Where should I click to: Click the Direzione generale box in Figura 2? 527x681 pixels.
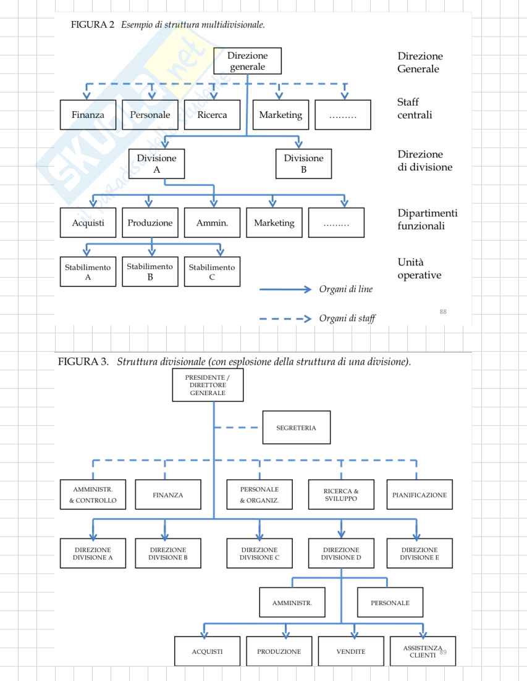pos(247,61)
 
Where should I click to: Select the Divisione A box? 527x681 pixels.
pos(156,164)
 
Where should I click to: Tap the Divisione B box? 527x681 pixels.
pos(304,164)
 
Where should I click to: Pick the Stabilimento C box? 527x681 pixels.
pos(212,272)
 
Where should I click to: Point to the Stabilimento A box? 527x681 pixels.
pos(88,272)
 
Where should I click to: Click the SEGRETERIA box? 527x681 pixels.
pos(297,427)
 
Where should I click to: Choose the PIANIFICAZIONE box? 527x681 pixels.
pos(419,495)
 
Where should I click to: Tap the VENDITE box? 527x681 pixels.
pos(351,651)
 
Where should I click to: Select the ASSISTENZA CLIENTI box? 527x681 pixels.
pos(423,651)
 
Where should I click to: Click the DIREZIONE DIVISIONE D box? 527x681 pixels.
pos(341,553)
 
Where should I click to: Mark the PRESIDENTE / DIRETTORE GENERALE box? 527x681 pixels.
pos(208,385)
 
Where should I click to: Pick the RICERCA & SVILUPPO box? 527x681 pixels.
pos(341,495)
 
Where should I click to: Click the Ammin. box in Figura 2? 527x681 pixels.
pos(212,223)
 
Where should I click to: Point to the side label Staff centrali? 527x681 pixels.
pos(415,108)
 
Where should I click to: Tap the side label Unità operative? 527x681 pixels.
pos(419,269)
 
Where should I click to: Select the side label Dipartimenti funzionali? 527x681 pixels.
pos(428,219)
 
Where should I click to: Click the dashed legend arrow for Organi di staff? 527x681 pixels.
pos(285,319)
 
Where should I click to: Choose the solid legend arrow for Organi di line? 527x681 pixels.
pos(285,289)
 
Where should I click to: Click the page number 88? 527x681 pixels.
pos(443,311)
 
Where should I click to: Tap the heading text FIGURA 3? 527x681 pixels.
pos(83,361)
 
